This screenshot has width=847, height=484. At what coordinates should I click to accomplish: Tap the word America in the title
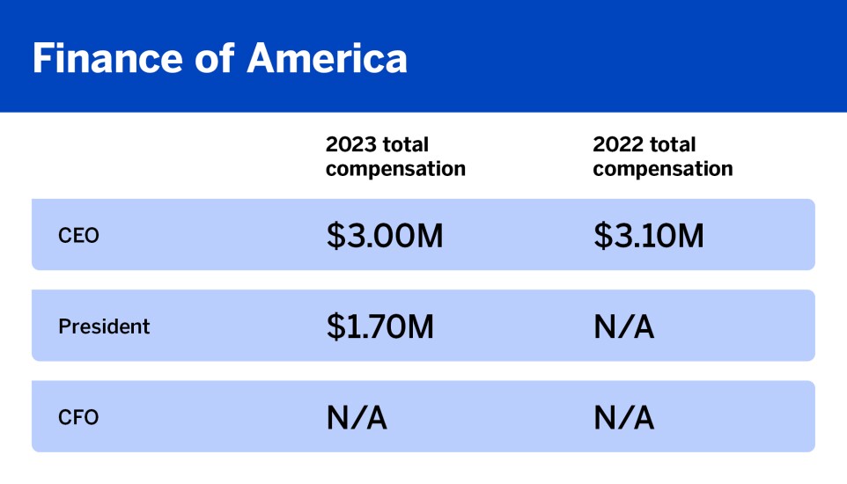point(327,58)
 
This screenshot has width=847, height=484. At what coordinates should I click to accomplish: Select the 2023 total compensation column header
point(395,157)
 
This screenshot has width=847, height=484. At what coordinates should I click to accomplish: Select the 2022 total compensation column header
point(662,157)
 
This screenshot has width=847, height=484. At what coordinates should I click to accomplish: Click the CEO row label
point(79,236)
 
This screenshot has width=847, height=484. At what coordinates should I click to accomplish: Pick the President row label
point(104,326)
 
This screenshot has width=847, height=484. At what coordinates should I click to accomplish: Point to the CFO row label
point(78,417)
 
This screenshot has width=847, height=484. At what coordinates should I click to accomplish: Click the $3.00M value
point(384,235)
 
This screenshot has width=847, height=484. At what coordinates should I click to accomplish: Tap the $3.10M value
point(648,235)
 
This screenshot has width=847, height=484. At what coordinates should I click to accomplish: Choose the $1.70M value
point(380,326)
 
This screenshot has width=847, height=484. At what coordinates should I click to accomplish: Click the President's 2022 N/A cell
point(623,326)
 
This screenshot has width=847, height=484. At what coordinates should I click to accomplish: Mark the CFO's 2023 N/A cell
point(357,417)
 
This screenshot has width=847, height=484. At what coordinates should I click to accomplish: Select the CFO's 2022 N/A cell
point(623,417)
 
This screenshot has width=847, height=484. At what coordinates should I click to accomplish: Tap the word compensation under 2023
point(395,169)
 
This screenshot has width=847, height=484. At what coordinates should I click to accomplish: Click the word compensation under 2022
point(662,169)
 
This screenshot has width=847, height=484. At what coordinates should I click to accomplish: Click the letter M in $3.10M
point(689,235)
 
